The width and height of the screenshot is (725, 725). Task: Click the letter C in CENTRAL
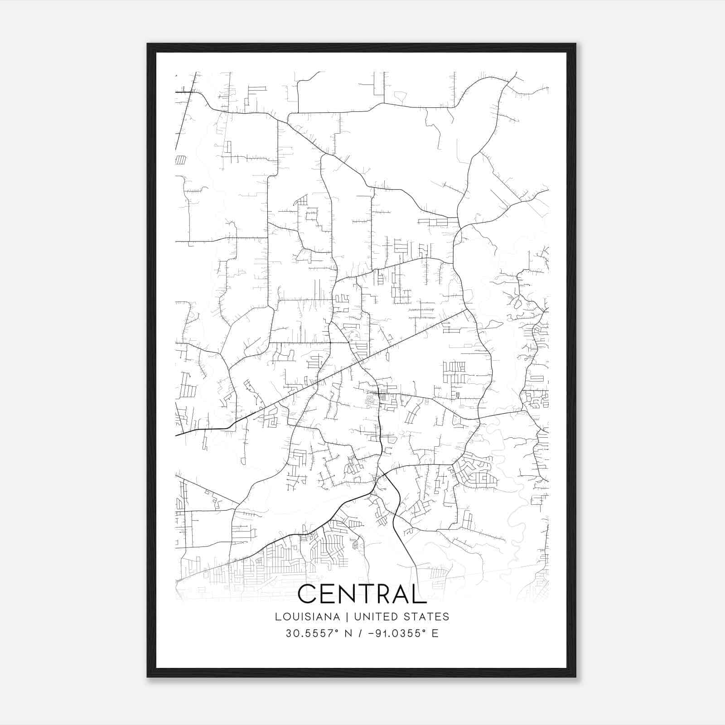pyautogui.click(x=308, y=594)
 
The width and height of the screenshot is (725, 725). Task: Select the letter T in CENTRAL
pyautogui.click(x=368, y=594)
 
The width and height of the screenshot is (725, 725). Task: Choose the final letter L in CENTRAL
pyautogui.click(x=420, y=594)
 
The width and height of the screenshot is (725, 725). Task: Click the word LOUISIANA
pyautogui.click(x=307, y=617)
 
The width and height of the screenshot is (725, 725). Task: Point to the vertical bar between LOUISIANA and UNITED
pyautogui.click(x=348, y=617)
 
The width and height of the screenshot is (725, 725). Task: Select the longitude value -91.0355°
pyautogui.click(x=396, y=633)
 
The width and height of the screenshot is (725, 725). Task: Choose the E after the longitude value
pyautogui.click(x=435, y=633)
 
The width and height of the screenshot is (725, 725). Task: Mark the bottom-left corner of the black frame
pyautogui.click(x=148, y=677)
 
